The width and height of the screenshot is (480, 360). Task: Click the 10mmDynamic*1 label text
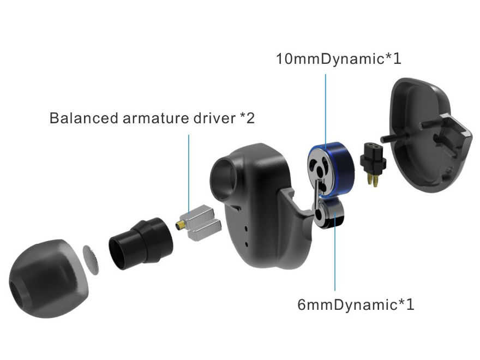(x=338, y=59)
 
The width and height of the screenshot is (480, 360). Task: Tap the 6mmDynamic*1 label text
(x=355, y=304)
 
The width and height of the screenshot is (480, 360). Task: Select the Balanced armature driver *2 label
(x=152, y=118)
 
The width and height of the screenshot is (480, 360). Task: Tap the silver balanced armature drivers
(x=202, y=224)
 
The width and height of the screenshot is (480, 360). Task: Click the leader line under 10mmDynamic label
(x=326, y=109)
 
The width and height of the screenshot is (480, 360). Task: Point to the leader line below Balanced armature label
(x=189, y=169)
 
